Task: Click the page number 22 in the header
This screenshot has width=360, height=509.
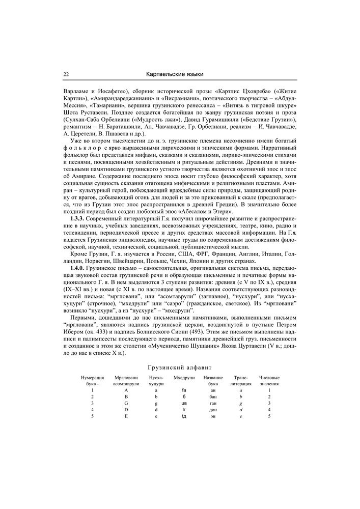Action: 66,74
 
